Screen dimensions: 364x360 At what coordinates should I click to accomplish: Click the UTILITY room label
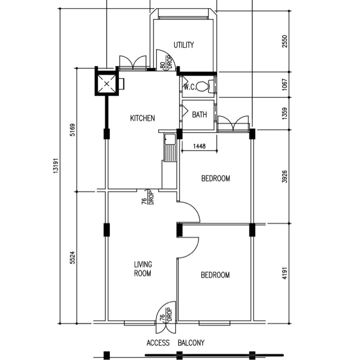click(184, 45)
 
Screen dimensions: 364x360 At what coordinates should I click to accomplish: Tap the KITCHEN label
click(142, 118)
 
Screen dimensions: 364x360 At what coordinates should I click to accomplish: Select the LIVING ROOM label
click(143, 269)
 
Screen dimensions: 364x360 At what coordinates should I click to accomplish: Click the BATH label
click(199, 115)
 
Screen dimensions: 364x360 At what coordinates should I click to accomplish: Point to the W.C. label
click(190, 87)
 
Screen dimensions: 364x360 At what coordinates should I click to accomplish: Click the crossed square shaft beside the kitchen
click(106, 84)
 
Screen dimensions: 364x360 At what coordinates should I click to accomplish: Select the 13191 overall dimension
click(55, 166)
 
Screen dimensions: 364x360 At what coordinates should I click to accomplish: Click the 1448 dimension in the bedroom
click(199, 146)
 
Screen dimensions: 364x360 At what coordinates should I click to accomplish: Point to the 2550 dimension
click(285, 41)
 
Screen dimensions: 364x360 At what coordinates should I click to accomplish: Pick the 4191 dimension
click(285, 273)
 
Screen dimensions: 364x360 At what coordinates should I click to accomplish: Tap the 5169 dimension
click(72, 130)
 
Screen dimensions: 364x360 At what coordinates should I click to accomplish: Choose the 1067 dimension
click(285, 85)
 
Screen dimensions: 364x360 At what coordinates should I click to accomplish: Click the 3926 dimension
click(285, 177)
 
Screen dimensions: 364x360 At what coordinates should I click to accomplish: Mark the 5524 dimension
click(72, 258)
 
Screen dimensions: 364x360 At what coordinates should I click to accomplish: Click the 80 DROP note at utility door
click(167, 62)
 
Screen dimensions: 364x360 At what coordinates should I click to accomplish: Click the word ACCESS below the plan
click(158, 343)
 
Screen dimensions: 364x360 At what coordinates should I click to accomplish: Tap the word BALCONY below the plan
click(191, 343)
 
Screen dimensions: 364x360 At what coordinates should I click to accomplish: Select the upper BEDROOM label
click(216, 178)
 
